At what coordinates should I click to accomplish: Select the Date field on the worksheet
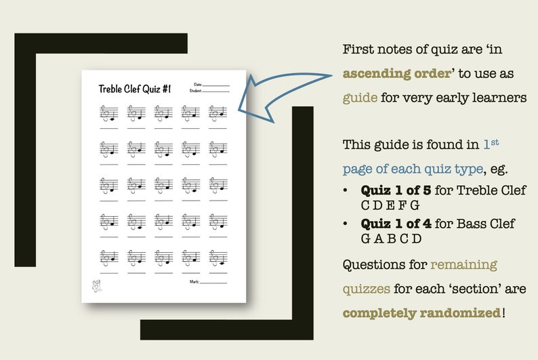pos(214,84)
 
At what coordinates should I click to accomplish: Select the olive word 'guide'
pos(360,97)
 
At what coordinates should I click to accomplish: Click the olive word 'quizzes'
pos(366,288)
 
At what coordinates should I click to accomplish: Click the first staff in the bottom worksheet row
pos(108,258)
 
